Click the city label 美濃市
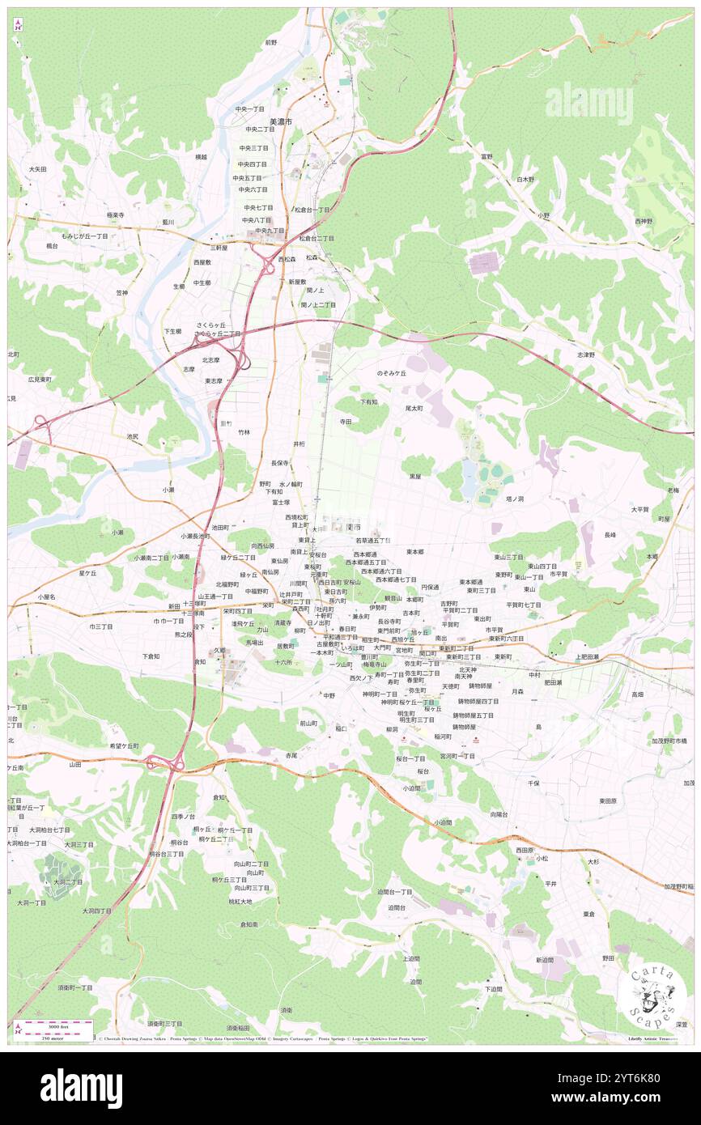point(281,121)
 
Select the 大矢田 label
point(37,169)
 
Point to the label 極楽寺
point(115,215)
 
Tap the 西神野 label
point(644,221)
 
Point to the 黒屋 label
point(415,477)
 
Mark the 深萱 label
point(682,1024)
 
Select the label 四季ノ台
point(184,817)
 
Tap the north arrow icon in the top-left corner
point(18,24)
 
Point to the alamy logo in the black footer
point(81,1088)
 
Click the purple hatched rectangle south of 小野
point(484,263)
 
